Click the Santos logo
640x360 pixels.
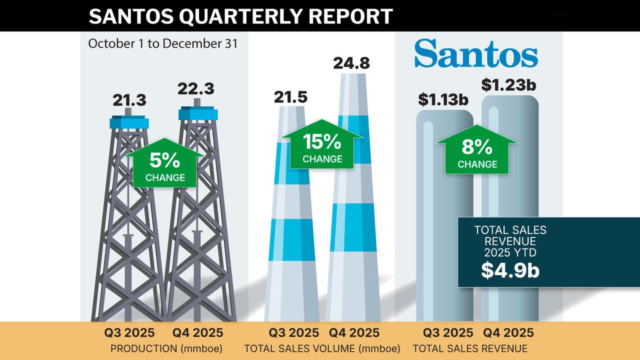tap(476, 53)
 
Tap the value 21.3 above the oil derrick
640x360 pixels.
tap(129, 100)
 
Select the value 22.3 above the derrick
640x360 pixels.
tap(196, 89)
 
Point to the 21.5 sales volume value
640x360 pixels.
tap(290, 97)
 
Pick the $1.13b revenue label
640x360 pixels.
tap(443, 99)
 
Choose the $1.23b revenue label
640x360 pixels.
tap(508, 84)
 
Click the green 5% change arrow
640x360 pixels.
tap(165, 164)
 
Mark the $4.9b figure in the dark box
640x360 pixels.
tap(510, 270)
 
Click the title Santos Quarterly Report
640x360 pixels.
tap(240, 16)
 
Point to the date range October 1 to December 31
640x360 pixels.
tap(162, 43)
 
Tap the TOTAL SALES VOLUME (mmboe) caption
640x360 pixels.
tap(322, 348)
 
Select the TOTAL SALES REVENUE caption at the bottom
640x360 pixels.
tap(470, 348)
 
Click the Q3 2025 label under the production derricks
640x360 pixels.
tap(129, 332)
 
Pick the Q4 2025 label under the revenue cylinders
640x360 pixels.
tap(508, 332)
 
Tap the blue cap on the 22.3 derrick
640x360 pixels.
tap(198, 113)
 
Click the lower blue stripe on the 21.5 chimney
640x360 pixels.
tap(292, 239)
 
